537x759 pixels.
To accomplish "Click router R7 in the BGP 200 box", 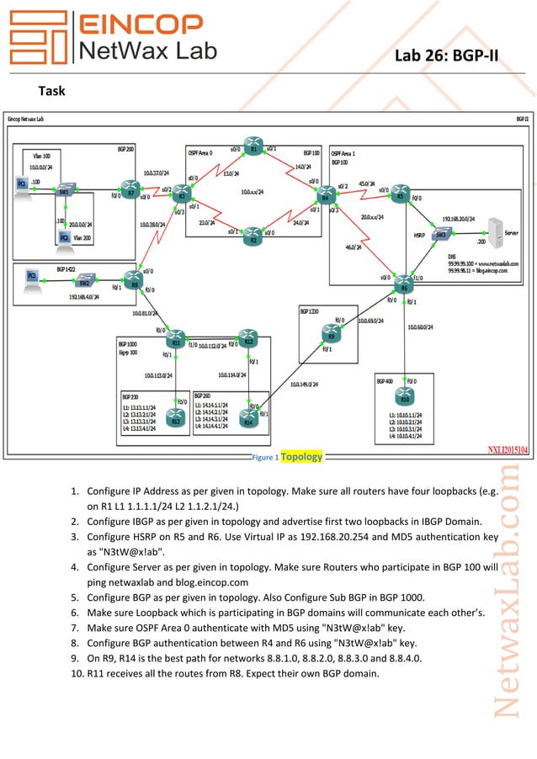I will (129, 188).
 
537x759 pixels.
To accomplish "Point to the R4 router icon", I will (325, 194).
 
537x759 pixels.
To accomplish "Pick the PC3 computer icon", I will (32, 276).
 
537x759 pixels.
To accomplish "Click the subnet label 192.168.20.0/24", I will (460, 216).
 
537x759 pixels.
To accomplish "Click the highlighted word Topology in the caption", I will (300, 457).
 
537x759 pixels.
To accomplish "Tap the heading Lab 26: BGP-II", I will (447, 56).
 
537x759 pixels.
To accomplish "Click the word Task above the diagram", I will (52, 90).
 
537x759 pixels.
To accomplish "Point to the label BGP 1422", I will (66, 268).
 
